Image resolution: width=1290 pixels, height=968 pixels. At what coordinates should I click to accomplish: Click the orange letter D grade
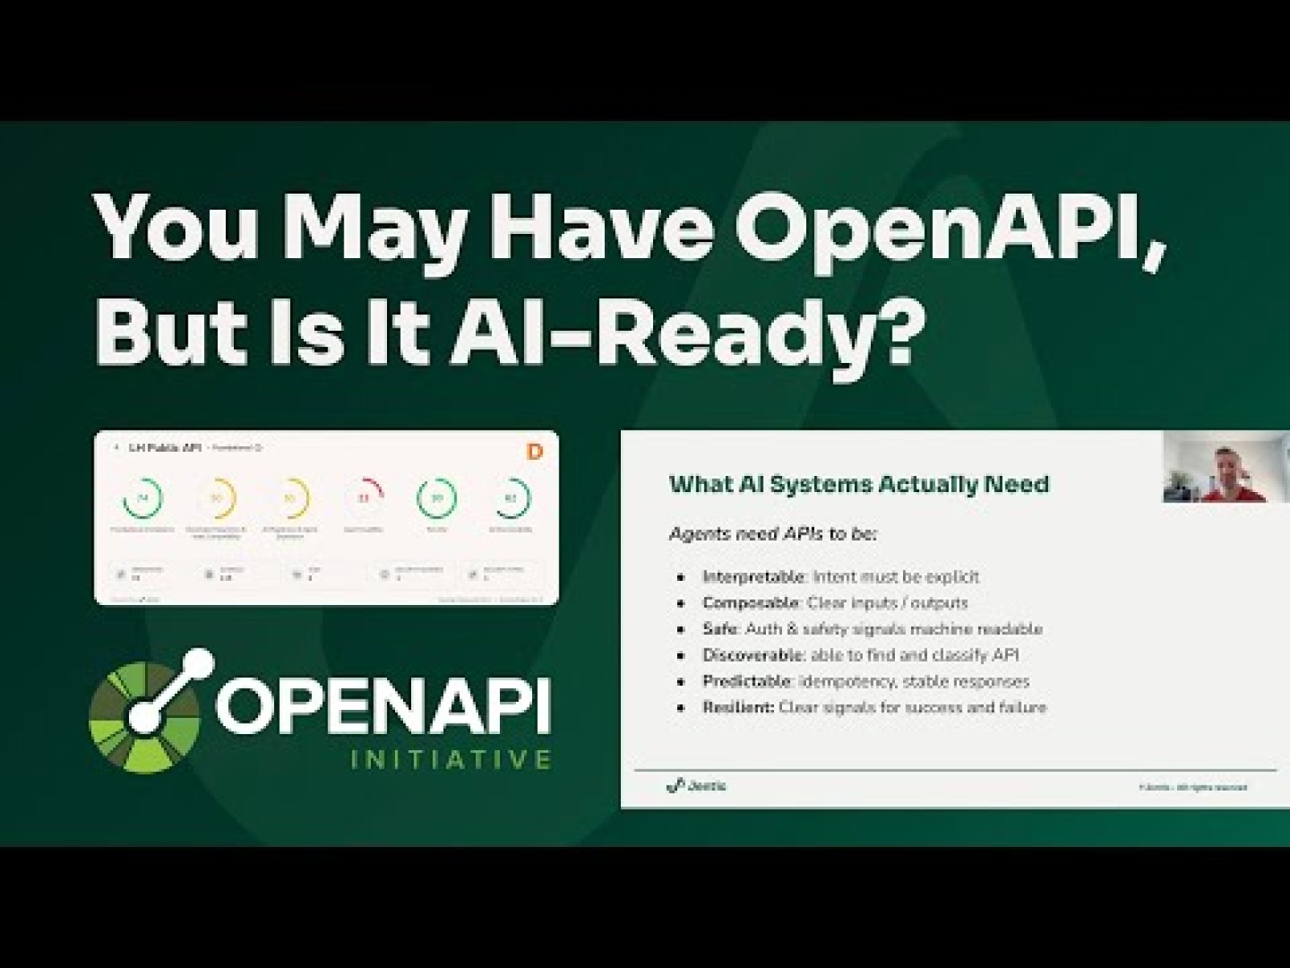[534, 452]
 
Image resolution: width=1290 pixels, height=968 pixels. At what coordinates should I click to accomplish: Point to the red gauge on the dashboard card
[364, 499]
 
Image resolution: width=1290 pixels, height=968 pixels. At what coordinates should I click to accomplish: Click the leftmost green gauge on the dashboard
[144, 499]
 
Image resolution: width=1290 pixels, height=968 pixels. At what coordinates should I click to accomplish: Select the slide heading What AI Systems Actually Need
[859, 484]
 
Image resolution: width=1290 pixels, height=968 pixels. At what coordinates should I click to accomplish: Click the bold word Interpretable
[754, 577]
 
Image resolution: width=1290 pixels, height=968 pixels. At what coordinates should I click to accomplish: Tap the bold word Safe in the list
[721, 629]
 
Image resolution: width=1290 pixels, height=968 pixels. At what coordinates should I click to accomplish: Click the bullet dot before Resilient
[683, 708]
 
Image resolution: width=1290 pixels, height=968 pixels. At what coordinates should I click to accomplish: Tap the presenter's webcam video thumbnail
[1225, 467]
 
